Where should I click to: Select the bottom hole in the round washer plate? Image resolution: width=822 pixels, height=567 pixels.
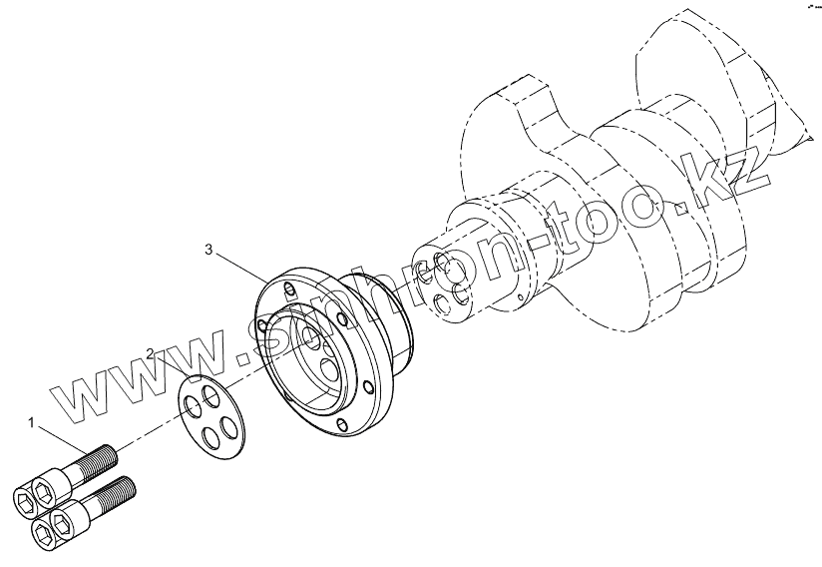pos(206,436)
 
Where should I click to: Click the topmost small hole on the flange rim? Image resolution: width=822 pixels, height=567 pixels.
pos(288,290)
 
